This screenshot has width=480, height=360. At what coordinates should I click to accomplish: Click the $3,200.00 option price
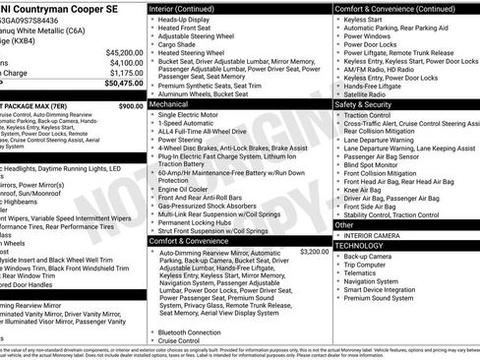314,252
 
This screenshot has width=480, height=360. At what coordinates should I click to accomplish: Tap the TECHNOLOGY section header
359,245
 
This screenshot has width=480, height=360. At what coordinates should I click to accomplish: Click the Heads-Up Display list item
187,20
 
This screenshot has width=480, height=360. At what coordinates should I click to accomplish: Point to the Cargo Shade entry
177,44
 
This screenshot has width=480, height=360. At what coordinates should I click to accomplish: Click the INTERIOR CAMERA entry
373,235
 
